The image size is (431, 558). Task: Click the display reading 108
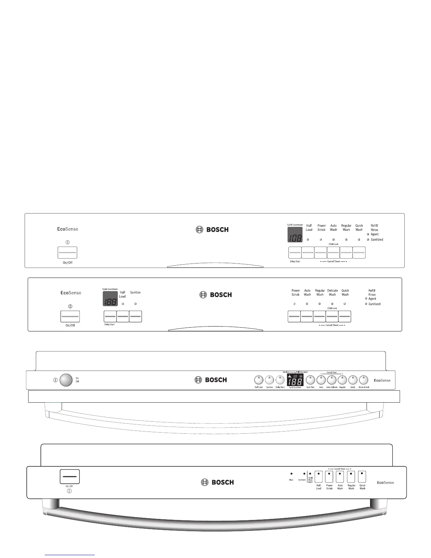[295, 235]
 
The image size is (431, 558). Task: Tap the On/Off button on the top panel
[67, 253]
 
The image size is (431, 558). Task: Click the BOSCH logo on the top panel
[212, 230]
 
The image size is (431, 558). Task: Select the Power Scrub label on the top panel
[321, 228]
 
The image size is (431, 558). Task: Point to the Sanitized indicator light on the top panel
[368, 240]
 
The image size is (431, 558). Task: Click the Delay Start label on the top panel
[295, 261]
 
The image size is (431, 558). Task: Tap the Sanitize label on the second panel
[135, 292]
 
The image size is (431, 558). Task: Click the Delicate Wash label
[332, 293]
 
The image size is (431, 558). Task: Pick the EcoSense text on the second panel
[71, 293]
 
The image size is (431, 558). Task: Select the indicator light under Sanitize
[136, 304]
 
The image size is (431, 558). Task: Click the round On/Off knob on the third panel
[66, 380]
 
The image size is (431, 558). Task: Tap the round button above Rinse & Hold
[363, 380]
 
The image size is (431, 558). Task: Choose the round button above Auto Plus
[310, 380]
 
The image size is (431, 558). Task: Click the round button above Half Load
[258, 380]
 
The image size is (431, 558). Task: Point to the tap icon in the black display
[290, 377]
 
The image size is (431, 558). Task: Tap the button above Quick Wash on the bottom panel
[362, 477]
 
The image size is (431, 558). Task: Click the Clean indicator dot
[291, 474]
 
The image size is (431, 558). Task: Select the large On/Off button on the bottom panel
[70, 477]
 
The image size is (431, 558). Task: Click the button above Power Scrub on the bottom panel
[329, 477]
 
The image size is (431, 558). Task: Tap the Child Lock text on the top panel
[333, 244]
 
